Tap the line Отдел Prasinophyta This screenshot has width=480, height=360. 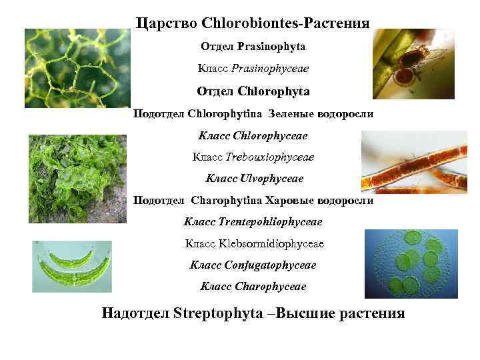(x=253, y=47)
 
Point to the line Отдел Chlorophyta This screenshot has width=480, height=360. (x=253, y=91)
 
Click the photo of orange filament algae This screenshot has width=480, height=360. (x=414, y=162)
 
